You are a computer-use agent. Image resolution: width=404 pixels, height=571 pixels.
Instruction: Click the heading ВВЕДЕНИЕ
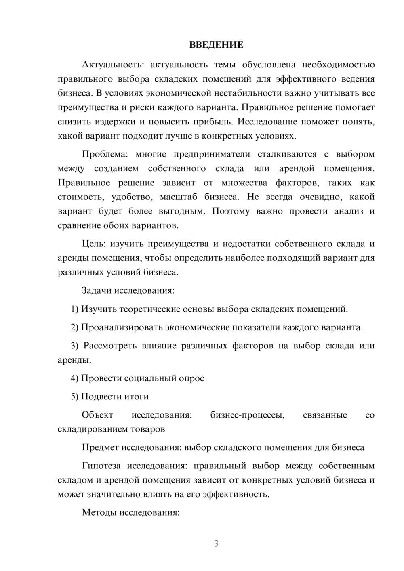click(216, 45)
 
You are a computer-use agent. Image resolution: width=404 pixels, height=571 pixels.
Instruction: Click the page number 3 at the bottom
click(216, 544)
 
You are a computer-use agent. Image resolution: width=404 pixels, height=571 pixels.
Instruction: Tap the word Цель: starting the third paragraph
click(94, 244)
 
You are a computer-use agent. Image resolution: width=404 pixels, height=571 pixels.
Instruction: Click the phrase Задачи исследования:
click(128, 290)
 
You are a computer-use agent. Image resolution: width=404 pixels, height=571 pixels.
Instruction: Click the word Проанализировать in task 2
click(122, 327)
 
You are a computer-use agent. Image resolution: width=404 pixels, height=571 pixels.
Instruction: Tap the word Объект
click(97, 415)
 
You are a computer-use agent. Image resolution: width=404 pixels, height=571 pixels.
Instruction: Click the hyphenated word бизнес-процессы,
click(247, 415)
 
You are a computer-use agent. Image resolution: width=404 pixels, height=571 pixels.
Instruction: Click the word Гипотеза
click(101, 466)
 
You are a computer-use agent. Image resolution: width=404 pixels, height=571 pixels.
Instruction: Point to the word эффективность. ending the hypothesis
click(236, 494)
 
